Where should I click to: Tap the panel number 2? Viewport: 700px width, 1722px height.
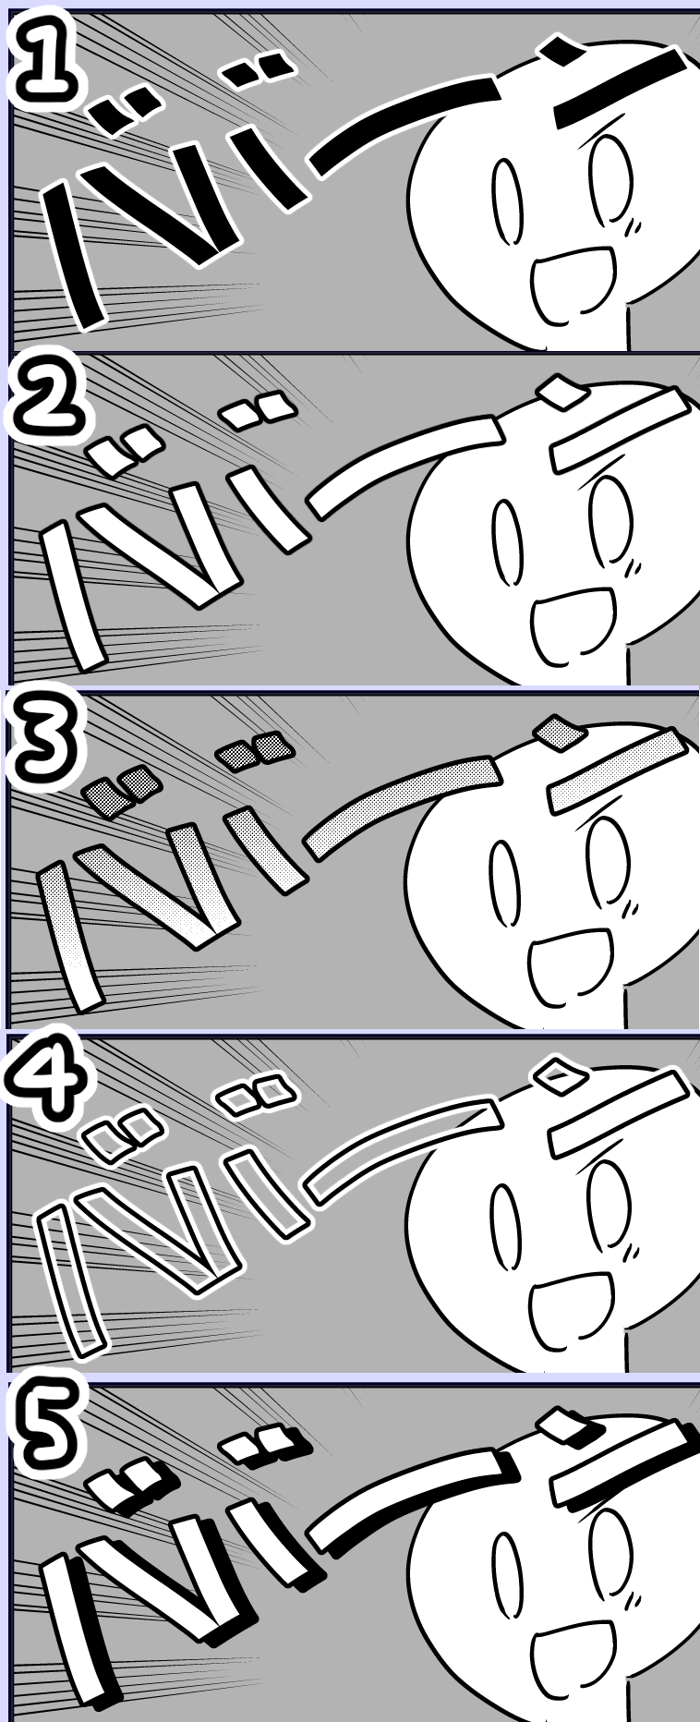[46, 405]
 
